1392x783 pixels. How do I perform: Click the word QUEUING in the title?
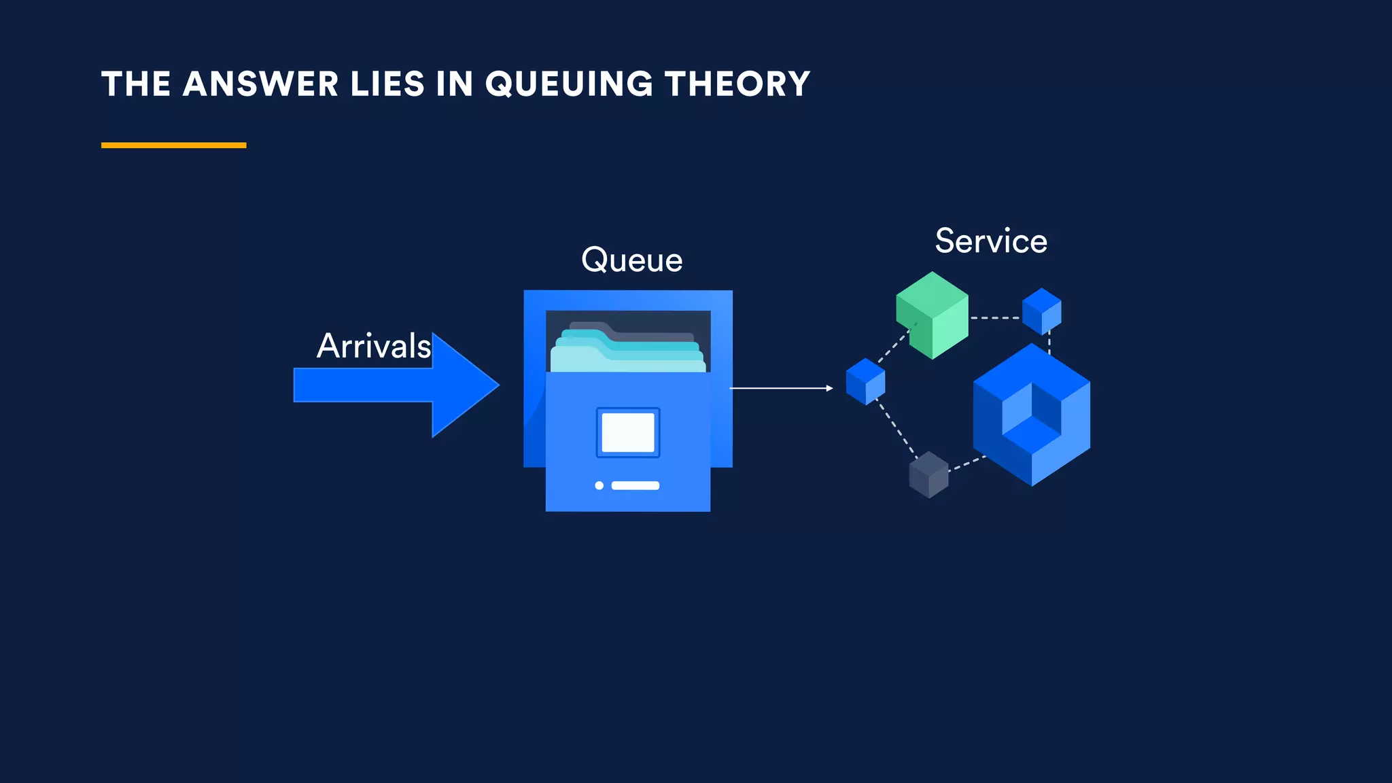click(x=569, y=84)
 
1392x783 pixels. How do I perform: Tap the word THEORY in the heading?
click(x=737, y=84)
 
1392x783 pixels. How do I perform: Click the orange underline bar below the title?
click(x=173, y=145)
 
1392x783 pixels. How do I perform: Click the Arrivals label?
click(x=373, y=346)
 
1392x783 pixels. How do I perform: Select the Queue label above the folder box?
click(x=631, y=260)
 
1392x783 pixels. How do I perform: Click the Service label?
click(x=990, y=241)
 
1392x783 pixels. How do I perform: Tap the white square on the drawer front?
click(x=628, y=432)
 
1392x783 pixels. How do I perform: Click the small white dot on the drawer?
click(x=599, y=485)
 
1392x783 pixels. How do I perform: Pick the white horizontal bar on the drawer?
click(x=636, y=485)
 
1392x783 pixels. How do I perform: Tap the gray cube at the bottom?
click(x=928, y=474)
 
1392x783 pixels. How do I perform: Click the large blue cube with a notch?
click(x=1031, y=415)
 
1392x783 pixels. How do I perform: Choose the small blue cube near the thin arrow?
click(x=865, y=381)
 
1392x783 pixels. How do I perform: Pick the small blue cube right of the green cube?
click(x=1041, y=311)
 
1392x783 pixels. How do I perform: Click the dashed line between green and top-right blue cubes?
click(x=995, y=317)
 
